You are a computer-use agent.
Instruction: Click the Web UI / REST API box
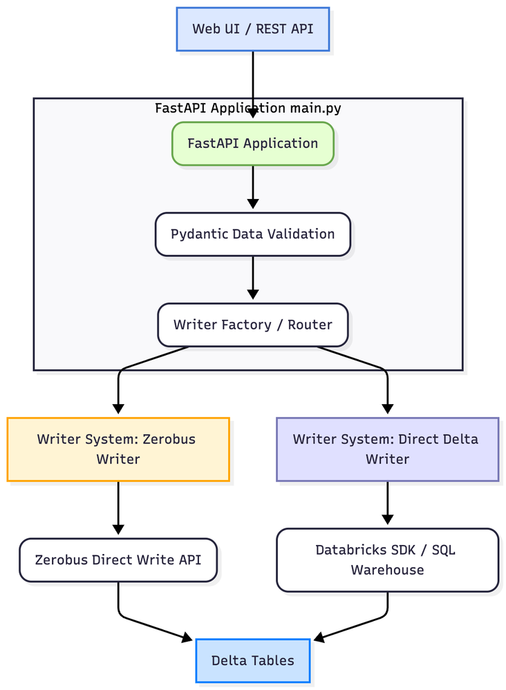click(x=252, y=29)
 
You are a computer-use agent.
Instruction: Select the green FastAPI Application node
click(x=252, y=144)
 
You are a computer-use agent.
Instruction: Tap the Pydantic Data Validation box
click(x=252, y=234)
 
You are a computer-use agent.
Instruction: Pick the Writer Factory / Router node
click(x=252, y=325)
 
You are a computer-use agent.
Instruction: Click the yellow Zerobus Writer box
click(x=118, y=449)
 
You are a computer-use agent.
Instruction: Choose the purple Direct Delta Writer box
click(x=387, y=449)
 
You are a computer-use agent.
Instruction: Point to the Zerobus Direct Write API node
click(x=118, y=559)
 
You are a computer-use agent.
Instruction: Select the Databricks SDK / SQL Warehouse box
click(x=387, y=560)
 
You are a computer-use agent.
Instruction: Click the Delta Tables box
click(x=252, y=660)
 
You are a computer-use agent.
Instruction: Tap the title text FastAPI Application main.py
click(x=247, y=108)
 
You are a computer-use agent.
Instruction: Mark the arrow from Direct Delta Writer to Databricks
click(x=387, y=504)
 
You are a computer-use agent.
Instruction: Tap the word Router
click(x=310, y=325)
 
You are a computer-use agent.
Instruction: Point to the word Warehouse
click(x=387, y=570)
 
